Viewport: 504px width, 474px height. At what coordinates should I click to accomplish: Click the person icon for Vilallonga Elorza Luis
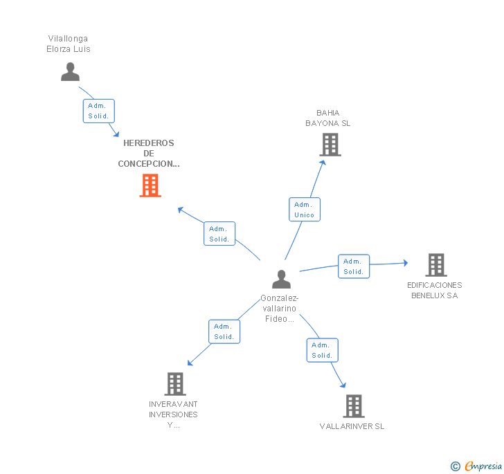tap(70, 72)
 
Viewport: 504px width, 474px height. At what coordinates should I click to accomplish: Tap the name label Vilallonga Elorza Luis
tap(69, 44)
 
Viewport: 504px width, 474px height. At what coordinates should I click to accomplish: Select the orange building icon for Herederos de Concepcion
tap(150, 185)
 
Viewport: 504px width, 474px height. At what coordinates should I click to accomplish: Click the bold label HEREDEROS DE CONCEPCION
tap(149, 154)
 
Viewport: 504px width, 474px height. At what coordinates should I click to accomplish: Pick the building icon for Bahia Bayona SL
tap(330, 145)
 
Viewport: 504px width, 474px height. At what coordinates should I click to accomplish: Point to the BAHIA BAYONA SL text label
tap(328, 118)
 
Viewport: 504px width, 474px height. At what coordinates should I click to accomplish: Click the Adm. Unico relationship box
tap(304, 210)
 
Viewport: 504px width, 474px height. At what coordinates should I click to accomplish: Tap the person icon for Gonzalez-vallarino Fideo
tap(281, 279)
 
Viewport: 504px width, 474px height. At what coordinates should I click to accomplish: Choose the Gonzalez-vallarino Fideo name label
tap(279, 309)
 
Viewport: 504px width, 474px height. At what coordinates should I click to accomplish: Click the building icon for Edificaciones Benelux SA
tap(435, 264)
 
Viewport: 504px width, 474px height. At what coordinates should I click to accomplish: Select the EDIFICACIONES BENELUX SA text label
tap(435, 290)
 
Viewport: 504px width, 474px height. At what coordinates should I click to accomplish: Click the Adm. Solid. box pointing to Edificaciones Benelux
tap(353, 266)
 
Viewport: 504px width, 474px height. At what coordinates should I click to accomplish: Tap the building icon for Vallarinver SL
tap(354, 406)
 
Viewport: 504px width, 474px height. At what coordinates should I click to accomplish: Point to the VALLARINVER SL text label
tap(352, 426)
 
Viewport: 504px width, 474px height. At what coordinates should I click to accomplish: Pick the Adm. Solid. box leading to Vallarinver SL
tap(322, 350)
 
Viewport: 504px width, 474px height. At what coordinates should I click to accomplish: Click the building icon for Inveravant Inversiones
tap(175, 384)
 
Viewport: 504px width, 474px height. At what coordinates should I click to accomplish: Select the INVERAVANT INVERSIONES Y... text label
tap(173, 414)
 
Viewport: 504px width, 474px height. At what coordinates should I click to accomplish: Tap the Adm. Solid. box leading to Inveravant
tap(224, 331)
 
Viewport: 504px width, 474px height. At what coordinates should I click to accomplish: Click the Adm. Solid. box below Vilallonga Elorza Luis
tap(98, 111)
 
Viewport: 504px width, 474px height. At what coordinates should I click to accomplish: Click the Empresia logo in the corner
tap(477, 466)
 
